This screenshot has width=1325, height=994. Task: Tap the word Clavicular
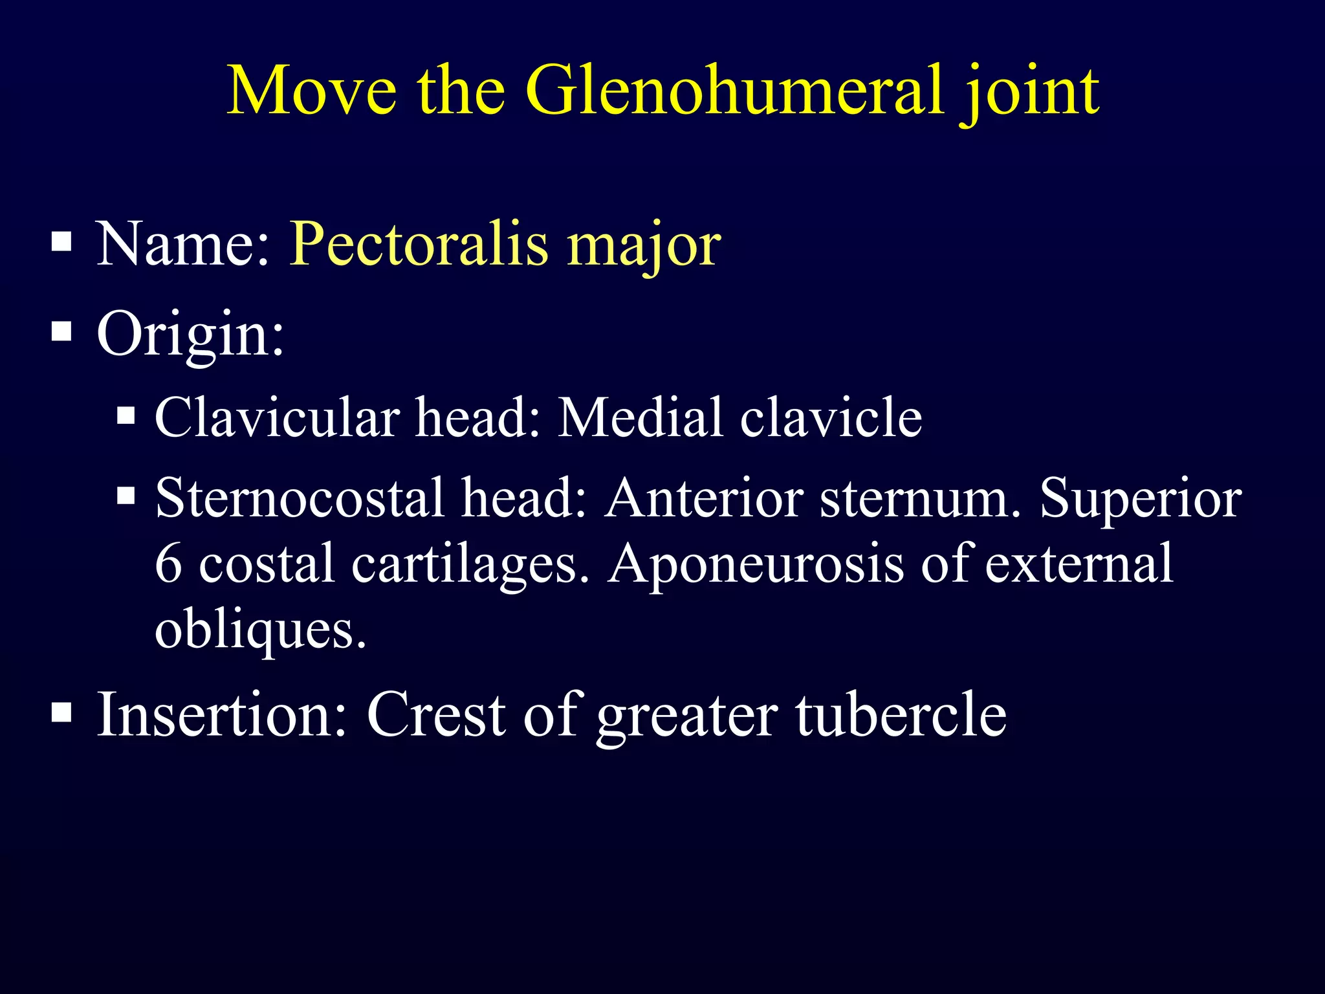tap(277, 417)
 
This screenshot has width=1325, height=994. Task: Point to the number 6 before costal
tap(168, 563)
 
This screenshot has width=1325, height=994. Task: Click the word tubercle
tap(901, 714)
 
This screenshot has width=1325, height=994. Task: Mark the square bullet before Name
tap(61, 242)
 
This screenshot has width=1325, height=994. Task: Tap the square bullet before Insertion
tap(61, 712)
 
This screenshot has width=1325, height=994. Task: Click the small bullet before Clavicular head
tap(126, 415)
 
